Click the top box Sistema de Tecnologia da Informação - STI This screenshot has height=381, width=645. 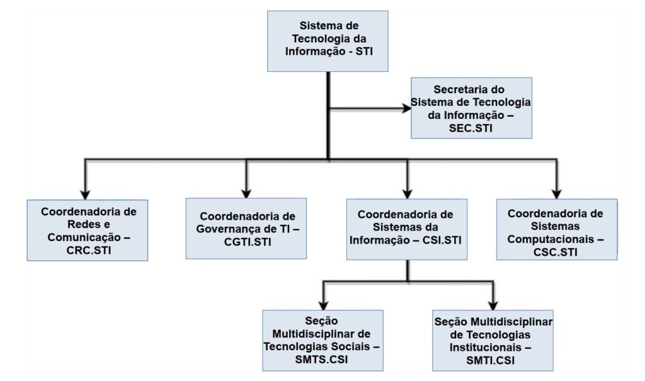coord(328,41)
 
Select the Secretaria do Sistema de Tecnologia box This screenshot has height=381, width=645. coord(471,108)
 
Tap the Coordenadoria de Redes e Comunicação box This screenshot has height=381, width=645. coord(88,230)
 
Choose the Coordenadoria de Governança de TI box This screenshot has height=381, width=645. coord(246,229)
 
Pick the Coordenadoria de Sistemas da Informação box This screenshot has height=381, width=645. coord(407,229)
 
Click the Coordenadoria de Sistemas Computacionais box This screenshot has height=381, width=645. coord(557,230)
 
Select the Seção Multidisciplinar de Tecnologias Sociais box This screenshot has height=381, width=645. coord(323,341)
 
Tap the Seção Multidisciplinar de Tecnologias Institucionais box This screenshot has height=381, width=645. coord(493,341)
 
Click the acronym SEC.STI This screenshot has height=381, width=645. coord(471,128)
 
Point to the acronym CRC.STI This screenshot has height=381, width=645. coord(89,250)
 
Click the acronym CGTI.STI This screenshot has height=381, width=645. coord(248,242)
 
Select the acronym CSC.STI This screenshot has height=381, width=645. coord(556,252)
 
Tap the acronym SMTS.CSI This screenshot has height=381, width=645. coord(321,359)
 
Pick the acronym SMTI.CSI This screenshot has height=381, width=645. coord(490,360)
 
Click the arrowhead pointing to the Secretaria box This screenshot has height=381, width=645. coord(407,108)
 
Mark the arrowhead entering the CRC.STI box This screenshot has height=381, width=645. coord(85,195)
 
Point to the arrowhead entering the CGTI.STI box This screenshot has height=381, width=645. coord(246,193)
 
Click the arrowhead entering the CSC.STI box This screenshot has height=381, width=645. coord(557,194)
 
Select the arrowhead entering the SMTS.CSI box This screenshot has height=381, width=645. coord(324,305)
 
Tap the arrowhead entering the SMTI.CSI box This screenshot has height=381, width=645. coord(493,305)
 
